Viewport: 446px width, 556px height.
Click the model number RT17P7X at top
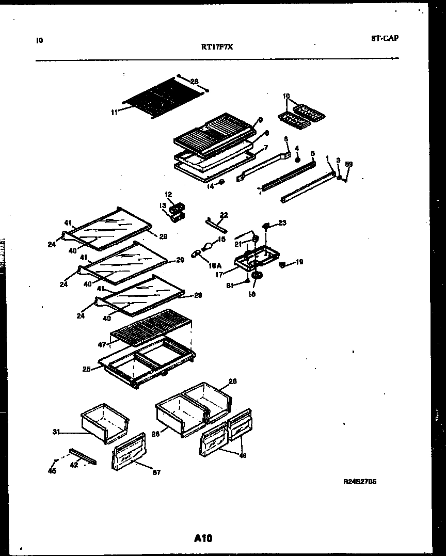coord(217,45)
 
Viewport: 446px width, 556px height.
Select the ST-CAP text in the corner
coord(385,38)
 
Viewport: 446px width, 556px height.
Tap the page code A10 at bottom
coord(203,538)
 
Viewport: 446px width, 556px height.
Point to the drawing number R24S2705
coord(360,482)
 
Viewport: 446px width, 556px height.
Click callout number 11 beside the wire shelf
coord(114,110)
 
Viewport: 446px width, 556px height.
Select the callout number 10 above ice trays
coord(286,96)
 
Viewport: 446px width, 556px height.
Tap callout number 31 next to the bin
coord(55,432)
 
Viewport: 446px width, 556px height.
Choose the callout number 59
coord(349,165)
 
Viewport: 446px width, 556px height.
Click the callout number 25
coord(87,369)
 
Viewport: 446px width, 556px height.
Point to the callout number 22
coord(224,215)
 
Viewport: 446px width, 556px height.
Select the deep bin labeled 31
coord(104,423)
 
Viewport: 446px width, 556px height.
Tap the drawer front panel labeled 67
coord(127,452)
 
